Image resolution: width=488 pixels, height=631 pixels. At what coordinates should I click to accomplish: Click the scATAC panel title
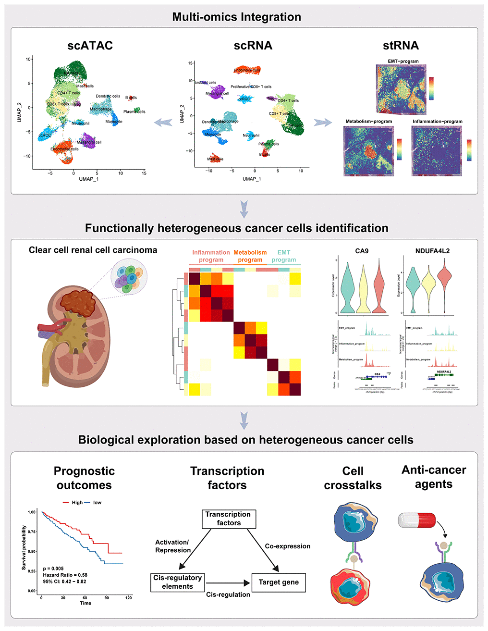90,46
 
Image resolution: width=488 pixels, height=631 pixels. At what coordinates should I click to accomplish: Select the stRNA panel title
401,46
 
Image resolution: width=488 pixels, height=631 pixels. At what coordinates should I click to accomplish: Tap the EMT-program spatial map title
403,62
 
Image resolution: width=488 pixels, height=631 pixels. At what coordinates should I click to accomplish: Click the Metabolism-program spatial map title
368,122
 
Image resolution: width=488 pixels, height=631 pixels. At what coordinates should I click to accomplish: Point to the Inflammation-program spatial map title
437,122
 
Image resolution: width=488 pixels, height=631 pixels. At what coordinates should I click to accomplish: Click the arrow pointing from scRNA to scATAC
163,123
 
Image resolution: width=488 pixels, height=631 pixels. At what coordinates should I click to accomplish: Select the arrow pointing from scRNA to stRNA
323,123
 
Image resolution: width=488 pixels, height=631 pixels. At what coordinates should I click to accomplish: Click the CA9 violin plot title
362,251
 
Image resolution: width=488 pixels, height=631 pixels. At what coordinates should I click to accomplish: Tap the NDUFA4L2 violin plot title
432,251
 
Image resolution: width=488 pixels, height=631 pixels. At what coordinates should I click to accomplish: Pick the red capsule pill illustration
417,520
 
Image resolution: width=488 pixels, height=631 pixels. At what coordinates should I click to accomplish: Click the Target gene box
279,582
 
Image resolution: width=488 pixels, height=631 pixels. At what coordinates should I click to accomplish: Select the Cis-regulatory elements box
177,582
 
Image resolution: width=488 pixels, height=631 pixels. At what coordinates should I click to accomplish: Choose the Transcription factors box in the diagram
228,519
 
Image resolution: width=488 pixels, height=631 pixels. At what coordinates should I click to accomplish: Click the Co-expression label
287,546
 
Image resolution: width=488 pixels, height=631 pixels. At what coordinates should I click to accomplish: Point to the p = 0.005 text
53,569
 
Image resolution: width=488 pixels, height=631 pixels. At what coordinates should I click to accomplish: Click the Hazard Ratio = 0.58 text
65,575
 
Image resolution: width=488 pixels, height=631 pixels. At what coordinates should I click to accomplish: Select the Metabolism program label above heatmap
250,256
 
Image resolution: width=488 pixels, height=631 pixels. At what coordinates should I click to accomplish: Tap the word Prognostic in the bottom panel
84,471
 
